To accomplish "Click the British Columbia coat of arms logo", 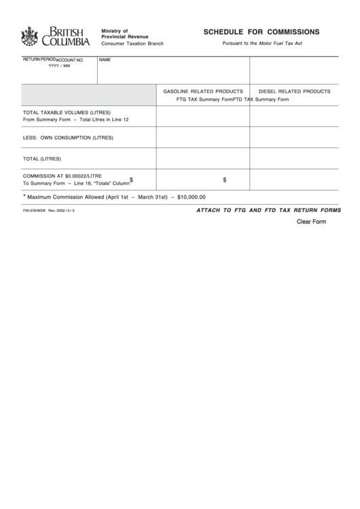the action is click(29, 35).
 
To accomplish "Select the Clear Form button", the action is click(311, 222).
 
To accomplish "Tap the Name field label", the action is click(105, 60).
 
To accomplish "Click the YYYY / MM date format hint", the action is click(59, 66).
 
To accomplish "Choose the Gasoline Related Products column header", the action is click(202, 90).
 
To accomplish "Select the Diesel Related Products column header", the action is click(295, 90).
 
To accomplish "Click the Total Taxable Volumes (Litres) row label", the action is click(67, 112).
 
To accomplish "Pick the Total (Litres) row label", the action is click(42, 159).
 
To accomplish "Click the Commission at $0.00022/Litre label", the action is click(62, 175).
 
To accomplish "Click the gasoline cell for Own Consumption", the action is click(203, 137).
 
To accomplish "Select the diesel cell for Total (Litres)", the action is click(294, 159).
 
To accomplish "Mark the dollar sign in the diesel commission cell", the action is click(225, 180).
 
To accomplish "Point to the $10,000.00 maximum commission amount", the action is click(190, 197).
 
